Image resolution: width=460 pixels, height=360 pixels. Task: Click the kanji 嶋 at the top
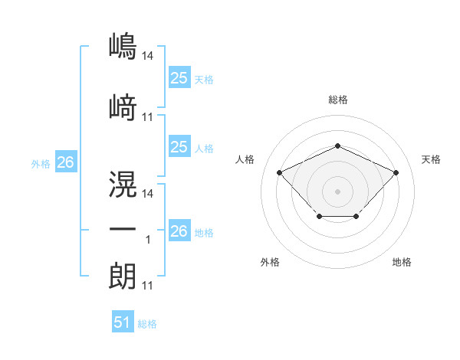tap(123, 46)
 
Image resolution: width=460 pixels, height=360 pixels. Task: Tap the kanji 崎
tap(123, 107)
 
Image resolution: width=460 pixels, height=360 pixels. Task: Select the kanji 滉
tap(123, 184)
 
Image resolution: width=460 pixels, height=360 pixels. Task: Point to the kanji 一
tap(123, 229)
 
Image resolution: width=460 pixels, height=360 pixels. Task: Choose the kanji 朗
tap(123, 276)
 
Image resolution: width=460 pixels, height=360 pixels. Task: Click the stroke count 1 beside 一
tap(148, 240)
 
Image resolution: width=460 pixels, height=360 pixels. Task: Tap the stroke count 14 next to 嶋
tap(147, 56)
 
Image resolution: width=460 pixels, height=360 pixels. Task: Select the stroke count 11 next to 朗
tap(147, 286)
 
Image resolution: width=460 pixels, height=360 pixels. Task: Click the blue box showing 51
tap(123, 321)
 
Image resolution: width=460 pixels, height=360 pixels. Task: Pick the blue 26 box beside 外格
tap(66, 162)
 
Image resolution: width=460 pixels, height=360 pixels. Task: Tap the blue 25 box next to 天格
tap(179, 77)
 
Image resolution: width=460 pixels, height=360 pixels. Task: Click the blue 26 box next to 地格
tap(179, 230)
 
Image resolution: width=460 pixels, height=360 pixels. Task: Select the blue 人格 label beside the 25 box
tap(204, 149)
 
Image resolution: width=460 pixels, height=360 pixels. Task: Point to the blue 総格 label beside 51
tap(147, 324)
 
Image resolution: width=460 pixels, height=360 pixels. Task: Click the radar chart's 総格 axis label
tap(338, 100)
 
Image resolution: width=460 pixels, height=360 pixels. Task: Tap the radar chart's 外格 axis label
tap(270, 262)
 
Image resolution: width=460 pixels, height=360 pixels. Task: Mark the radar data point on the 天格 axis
tap(396, 172)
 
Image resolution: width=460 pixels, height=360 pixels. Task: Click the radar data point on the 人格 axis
tap(280, 172)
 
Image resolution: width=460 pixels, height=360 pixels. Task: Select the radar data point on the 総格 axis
tap(338, 146)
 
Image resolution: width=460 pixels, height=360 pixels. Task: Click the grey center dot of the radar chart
tap(337, 191)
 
